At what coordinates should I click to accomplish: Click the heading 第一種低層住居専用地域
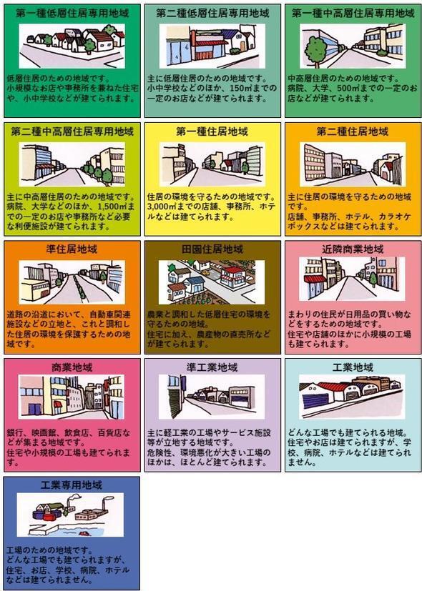point(72,14)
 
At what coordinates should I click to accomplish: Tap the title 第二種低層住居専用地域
point(212,14)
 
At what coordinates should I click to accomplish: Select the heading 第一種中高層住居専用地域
point(353,14)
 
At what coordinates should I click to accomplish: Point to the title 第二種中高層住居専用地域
point(72,131)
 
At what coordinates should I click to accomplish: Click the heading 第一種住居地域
point(212,131)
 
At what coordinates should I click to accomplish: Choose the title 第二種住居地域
point(353,131)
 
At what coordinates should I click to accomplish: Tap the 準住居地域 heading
point(72,249)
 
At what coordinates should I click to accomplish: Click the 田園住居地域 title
point(212,249)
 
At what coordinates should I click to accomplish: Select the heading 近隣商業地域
point(353,249)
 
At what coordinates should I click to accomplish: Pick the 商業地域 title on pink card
point(72,367)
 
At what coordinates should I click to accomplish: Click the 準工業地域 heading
point(212,367)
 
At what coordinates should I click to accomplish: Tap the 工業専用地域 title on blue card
point(72,485)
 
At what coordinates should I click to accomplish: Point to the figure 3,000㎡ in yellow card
point(161,207)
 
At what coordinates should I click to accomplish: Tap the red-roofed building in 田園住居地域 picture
point(233,278)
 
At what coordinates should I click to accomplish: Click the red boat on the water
point(84,533)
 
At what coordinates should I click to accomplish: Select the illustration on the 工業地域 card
point(352,397)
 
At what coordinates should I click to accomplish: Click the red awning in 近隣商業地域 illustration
point(315,279)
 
